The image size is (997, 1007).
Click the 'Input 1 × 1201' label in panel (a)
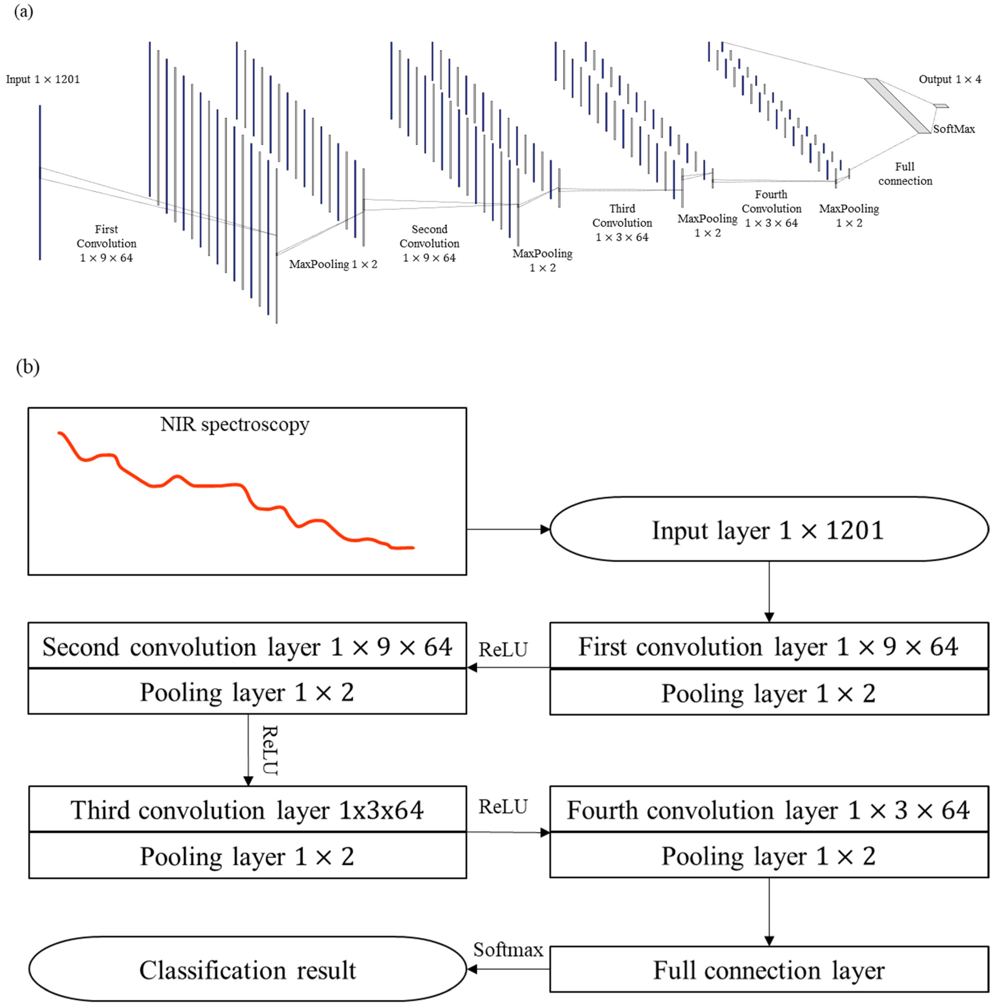point(43,79)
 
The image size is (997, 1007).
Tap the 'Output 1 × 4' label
point(949,79)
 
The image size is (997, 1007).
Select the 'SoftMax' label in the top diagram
point(954,129)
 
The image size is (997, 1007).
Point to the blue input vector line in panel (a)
point(40,182)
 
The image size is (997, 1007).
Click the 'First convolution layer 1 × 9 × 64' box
point(769,646)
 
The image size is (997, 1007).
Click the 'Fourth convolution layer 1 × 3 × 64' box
point(769,810)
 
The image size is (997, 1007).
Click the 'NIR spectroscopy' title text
point(235,424)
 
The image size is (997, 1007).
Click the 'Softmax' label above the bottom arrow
point(508,950)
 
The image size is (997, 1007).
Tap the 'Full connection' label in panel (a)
point(905,174)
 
